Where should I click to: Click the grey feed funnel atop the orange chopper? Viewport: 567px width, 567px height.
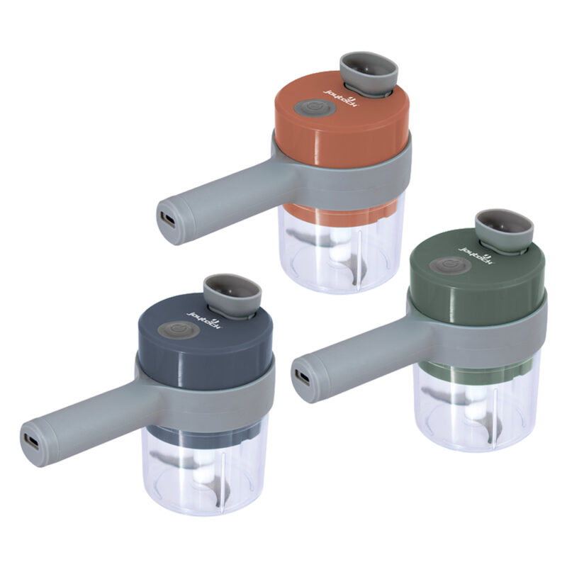tap(369, 71)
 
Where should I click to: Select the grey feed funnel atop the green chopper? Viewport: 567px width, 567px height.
tap(504, 228)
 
